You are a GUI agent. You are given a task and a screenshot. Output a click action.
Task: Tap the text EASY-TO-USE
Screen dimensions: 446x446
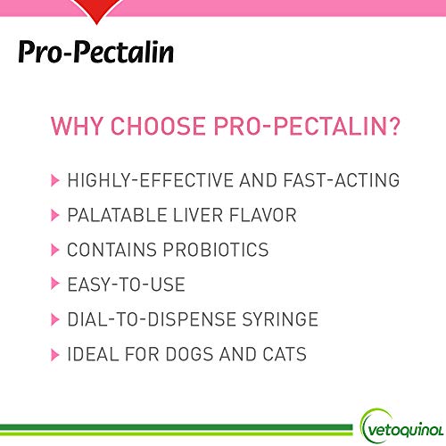click(126, 285)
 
